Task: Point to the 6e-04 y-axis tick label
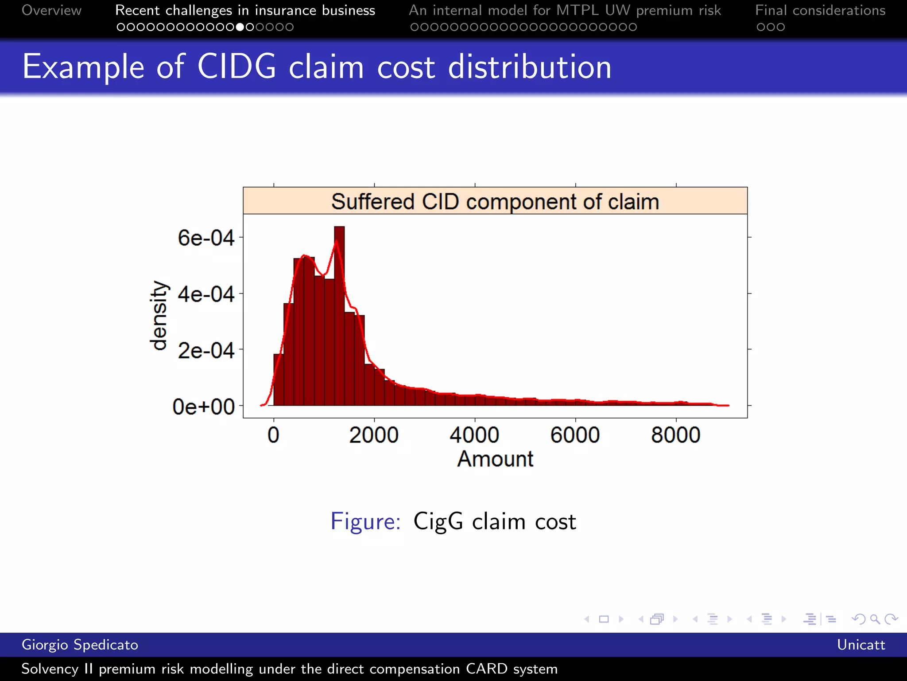click(205, 238)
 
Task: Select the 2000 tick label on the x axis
click(374, 435)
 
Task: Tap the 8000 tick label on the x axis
click(676, 435)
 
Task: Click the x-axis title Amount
click(495, 459)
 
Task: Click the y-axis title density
click(159, 315)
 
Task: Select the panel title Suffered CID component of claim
click(495, 202)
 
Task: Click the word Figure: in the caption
click(366, 521)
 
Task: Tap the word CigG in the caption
click(438, 522)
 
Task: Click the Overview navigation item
click(51, 10)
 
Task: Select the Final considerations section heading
click(820, 10)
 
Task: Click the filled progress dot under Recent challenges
click(240, 27)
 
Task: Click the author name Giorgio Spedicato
click(80, 645)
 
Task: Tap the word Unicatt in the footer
click(861, 645)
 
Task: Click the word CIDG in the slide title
click(236, 67)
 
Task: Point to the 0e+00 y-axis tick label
click(203, 407)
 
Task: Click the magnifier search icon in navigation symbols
click(875, 619)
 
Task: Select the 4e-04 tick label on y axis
click(205, 294)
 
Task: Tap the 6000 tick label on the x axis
click(575, 435)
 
